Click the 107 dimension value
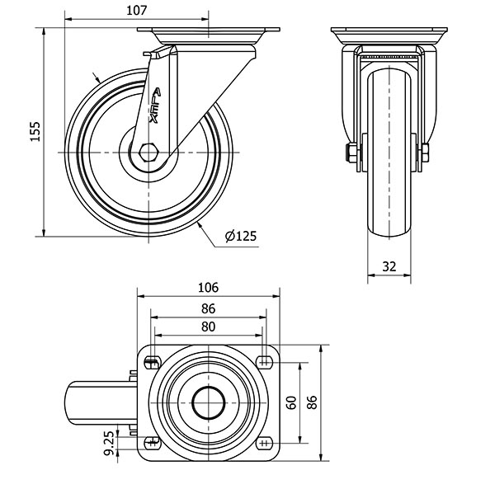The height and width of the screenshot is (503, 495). pyautogui.click(x=136, y=11)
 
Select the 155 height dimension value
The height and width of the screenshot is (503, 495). pyautogui.click(x=35, y=131)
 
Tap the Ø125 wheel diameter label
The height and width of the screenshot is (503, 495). pyautogui.click(x=241, y=236)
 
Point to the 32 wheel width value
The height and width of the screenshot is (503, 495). pyautogui.click(x=389, y=266)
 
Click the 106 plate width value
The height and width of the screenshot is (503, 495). pyautogui.click(x=208, y=288)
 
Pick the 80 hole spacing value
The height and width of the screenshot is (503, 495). pyautogui.click(x=208, y=327)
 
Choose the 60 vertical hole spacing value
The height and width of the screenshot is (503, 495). pyautogui.click(x=291, y=402)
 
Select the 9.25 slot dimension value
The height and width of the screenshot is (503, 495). pyautogui.click(x=109, y=443)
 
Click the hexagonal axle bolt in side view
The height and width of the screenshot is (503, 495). pyautogui.click(x=148, y=153)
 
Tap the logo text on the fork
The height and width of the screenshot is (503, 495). pyautogui.click(x=155, y=106)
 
